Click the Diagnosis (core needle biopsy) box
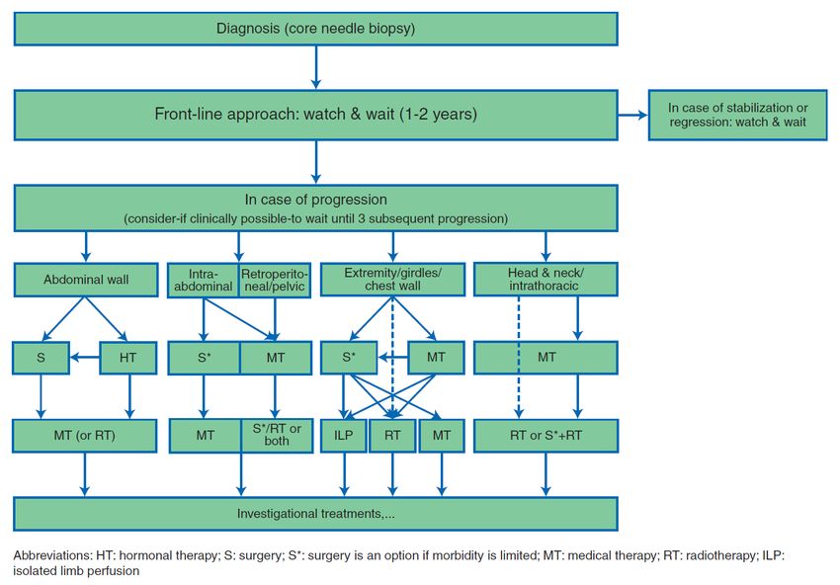(x=315, y=29)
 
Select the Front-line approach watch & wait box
(x=315, y=116)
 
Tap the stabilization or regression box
(x=737, y=116)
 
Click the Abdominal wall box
(x=86, y=280)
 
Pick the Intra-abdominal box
(x=203, y=281)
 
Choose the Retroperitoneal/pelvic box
(x=275, y=281)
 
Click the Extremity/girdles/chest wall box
(x=392, y=279)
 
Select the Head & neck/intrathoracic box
(x=546, y=279)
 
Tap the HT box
(x=128, y=358)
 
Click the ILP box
(x=343, y=436)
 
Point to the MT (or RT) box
(x=85, y=436)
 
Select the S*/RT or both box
(x=277, y=436)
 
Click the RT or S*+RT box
(x=546, y=436)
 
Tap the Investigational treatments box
(x=315, y=514)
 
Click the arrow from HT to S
(x=85, y=358)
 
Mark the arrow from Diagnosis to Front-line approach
(x=316, y=67)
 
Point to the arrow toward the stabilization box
(x=632, y=115)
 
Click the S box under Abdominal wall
(x=41, y=358)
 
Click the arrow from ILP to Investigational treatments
(x=344, y=474)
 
